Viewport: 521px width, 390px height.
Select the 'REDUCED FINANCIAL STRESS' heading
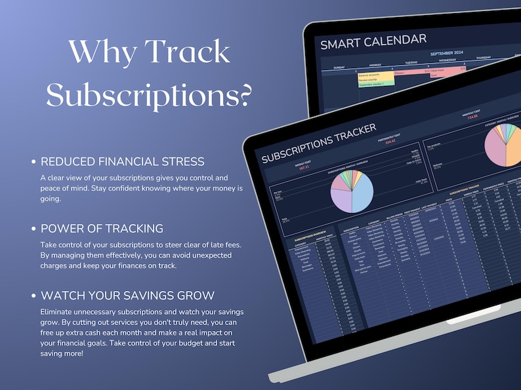coord(123,161)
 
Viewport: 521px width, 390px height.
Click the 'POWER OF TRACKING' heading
coord(102,228)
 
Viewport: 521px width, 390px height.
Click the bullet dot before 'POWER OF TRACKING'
coord(33,229)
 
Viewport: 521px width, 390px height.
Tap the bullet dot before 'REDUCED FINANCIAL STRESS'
coord(33,162)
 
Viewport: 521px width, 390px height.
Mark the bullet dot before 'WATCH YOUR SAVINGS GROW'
coord(33,296)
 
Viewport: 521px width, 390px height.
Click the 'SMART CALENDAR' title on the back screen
coord(373,42)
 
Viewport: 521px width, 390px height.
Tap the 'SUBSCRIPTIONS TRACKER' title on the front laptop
coord(319,144)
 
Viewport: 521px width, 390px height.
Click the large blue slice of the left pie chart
coord(363,194)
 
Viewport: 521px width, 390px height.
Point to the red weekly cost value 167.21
coord(303,168)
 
